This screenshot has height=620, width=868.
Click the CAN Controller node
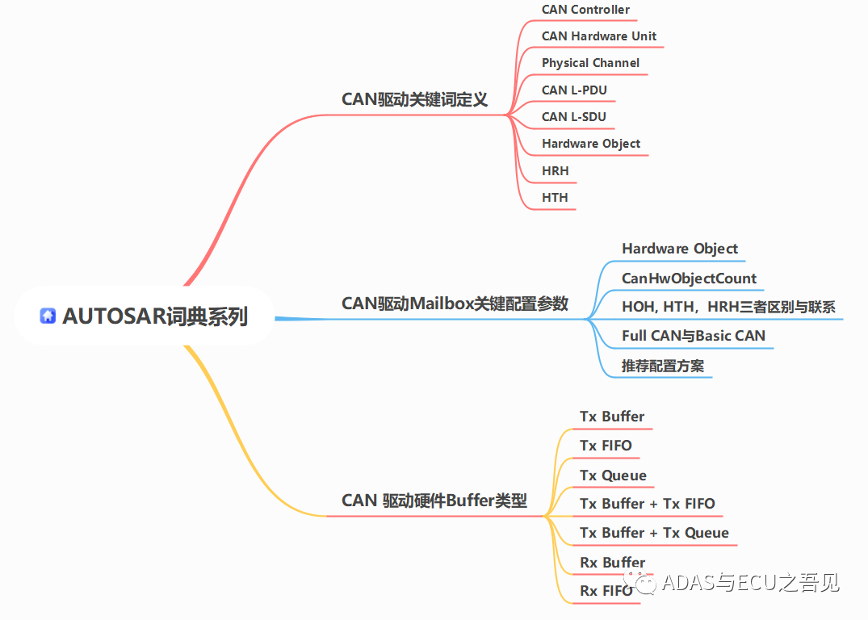pos(585,10)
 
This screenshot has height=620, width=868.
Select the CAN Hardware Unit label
pos(598,36)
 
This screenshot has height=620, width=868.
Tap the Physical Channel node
pos(590,63)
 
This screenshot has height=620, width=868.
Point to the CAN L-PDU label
pos(574,90)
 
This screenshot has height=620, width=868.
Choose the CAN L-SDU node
pos(573,117)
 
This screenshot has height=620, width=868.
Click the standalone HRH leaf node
pos(555,170)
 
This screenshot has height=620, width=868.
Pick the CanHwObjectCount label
pos(689,279)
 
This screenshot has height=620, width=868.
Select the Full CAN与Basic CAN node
pos(693,336)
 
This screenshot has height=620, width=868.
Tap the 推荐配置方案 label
pos(662,366)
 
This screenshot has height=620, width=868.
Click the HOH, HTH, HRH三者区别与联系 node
pos(728,307)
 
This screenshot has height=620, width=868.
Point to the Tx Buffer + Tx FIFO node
pos(647,504)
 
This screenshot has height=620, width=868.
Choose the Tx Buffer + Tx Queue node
pos(654,533)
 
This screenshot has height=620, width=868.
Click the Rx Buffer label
pos(612,563)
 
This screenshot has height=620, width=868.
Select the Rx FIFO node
pos(606,591)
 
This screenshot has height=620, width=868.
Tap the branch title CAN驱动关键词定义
pos(414,99)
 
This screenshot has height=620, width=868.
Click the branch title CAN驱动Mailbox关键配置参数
pos(455,304)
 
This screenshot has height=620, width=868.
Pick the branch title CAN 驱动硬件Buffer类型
pos(434,501)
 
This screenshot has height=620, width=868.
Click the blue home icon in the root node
pos(48,316)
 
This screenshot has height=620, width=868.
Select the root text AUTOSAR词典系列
pos(155,316)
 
